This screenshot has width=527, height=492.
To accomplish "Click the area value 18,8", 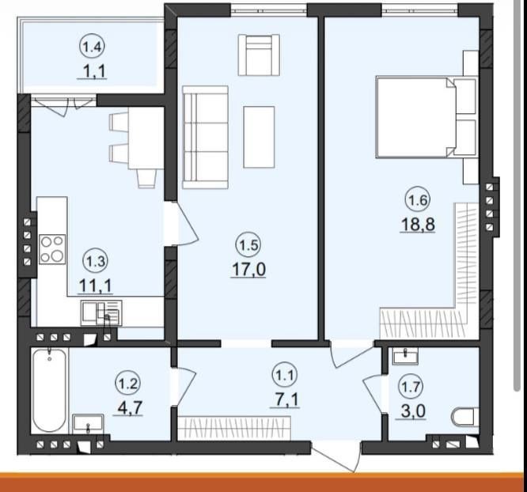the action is tap(418, 224).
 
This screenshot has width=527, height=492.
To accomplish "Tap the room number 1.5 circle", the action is tap(248, 245).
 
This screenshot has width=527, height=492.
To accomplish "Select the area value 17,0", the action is tap(248, 270).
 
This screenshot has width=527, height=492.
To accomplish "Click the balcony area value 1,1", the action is tap(92, 71).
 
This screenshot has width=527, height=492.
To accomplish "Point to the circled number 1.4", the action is tap(92, 47).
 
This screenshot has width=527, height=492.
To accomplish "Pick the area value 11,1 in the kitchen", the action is tap(95, 286).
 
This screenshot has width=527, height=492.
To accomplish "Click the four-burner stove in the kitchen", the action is tap(52, 249).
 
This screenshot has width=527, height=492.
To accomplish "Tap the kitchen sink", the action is tap(101, 313).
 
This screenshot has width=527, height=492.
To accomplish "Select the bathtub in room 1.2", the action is tap(50, 391).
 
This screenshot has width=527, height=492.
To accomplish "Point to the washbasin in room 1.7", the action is tap(405, 356).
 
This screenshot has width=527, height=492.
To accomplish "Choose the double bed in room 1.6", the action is tap(427, 117).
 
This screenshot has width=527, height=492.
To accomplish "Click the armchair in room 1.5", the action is tap(259, 55).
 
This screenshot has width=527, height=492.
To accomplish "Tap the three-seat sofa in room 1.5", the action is tap(206, 137).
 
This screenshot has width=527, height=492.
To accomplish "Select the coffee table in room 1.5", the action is tap(259, 137).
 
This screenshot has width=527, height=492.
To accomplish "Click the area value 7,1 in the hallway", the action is tap(285, 400).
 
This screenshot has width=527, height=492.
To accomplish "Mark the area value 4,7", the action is tap(128, 408).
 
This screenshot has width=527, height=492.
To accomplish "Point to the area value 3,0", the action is tap(411, 411).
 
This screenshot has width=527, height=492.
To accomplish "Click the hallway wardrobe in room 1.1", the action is tap(234, 427).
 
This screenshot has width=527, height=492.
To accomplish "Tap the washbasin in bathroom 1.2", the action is tap(88, 422).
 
